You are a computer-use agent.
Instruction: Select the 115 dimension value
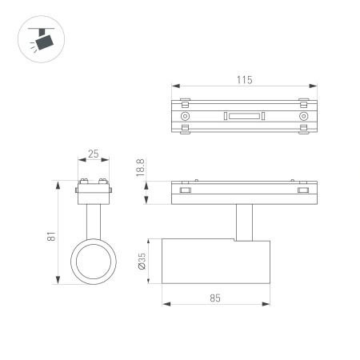tap(245, 79)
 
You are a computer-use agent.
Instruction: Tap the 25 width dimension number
tap(94, 153)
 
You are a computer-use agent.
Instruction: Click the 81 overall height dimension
tap(50, 237)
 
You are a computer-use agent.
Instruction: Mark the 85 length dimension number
tap(216, 297)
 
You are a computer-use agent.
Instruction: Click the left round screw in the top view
tap(186, 116)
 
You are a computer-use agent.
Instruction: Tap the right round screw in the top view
tap(303, 116)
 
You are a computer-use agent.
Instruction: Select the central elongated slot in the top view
tap(244, 116)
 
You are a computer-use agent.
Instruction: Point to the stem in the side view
tap(244, 221)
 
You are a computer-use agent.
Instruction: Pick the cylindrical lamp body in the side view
tap(216, 261)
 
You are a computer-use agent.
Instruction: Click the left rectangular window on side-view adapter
tap(186, 190)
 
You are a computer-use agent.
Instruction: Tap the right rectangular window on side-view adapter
tap(302, 190)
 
